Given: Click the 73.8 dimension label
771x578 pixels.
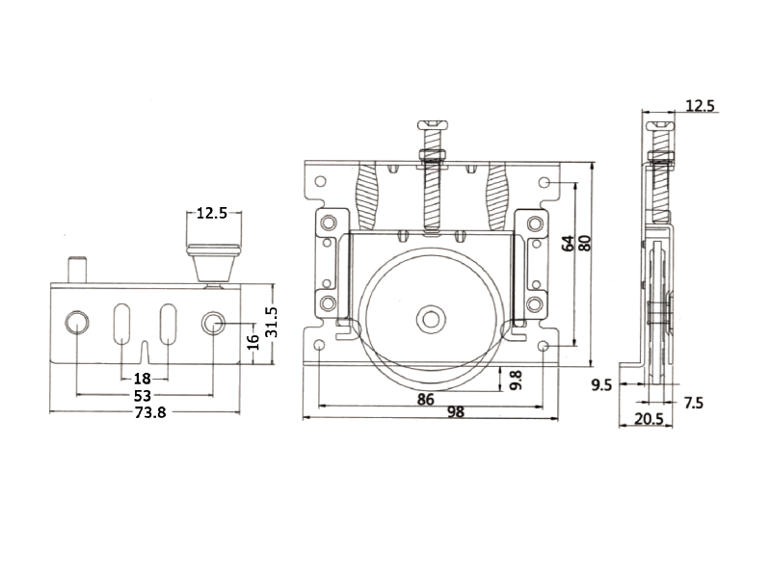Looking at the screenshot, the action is pos(150,412).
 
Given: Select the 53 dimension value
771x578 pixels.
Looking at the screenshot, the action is pos(143,395).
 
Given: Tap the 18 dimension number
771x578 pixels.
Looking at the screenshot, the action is pos(142,379).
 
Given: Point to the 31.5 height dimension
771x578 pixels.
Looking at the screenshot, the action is pos(271,322).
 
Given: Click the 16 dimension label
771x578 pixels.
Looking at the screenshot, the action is pos(253,342).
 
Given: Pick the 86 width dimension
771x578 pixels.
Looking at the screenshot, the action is pos(426,400).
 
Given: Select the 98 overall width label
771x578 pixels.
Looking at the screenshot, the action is pos(455,412).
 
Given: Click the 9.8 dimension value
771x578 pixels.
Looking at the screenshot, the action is pos(516,381).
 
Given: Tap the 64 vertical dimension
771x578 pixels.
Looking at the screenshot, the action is pos(568,244).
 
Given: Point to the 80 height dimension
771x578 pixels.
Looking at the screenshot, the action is pos(584,244).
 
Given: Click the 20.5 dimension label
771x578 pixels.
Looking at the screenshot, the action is pos(649,419).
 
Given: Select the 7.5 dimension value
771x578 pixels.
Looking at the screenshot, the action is pos(694,404).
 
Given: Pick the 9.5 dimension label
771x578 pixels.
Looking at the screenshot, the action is pos(601,385).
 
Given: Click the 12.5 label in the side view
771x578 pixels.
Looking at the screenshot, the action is pos(701,106).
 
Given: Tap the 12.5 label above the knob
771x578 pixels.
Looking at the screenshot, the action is pos(212,213).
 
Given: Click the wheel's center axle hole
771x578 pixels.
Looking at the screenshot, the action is pos(431,319).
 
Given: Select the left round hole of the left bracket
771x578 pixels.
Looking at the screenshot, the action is pos(77,323).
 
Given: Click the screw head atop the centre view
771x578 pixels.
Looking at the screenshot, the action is pos(433,125).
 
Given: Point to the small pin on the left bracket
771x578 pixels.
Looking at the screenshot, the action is pos(77,269).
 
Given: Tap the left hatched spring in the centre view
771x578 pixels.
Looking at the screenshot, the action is pos(368,196).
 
